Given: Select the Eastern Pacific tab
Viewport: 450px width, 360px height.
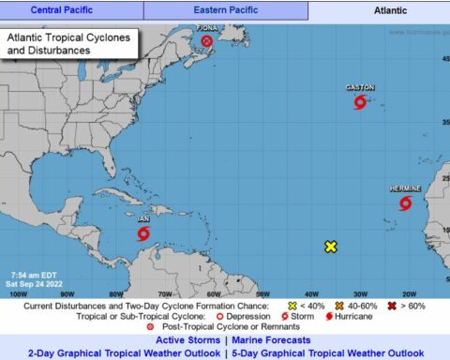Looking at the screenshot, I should point(226,10).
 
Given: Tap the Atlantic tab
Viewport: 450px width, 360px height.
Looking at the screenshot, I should point(378,10).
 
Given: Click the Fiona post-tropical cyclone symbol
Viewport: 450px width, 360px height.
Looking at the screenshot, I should point(206,42).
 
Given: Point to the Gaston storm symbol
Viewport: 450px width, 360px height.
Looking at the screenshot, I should point(359,101).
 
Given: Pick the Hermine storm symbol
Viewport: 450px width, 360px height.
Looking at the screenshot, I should point(406,202).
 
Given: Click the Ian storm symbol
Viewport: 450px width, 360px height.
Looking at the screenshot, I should point(143,233).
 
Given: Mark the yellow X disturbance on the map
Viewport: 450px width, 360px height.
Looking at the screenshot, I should point(331,247).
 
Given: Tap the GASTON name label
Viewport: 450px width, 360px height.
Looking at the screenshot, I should point(360,87).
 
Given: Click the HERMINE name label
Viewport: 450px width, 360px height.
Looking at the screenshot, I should point(405,188).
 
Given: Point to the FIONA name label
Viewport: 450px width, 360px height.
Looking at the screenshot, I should point(207,28).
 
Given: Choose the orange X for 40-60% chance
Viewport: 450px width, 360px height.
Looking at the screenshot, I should point(341,306).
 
